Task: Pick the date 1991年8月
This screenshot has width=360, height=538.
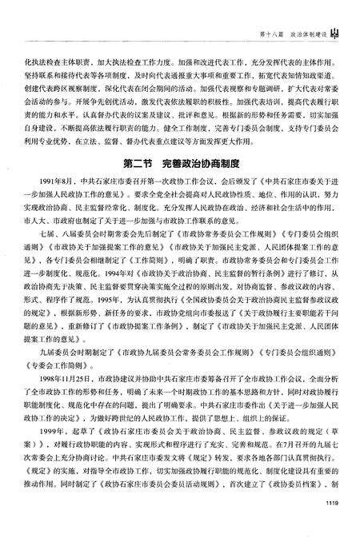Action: click(x=50, y=205)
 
